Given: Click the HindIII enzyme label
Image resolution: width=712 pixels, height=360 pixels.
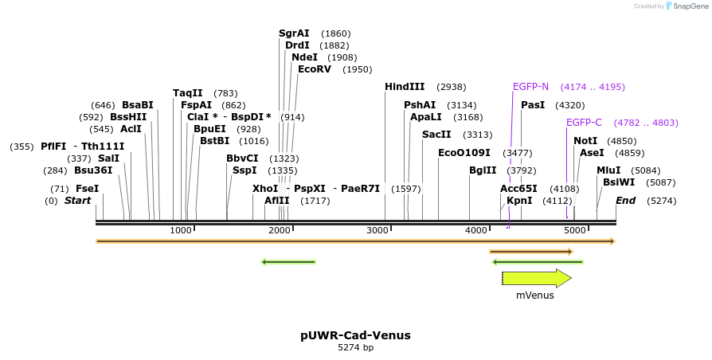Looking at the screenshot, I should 405,87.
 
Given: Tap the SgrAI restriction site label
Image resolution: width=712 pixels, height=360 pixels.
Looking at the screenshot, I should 294,33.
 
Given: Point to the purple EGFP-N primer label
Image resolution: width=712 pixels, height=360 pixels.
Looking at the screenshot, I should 530,87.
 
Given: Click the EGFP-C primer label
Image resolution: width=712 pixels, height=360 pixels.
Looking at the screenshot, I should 584,123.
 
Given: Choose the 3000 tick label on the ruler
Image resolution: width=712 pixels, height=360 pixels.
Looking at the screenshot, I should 378,230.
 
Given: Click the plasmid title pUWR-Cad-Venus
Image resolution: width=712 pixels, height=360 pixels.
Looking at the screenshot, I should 355,335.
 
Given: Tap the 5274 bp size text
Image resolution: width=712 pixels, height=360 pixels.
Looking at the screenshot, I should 355,347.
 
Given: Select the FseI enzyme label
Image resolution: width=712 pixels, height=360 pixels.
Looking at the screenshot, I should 88,189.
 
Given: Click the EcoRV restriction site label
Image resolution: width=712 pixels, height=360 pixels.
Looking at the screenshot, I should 314,69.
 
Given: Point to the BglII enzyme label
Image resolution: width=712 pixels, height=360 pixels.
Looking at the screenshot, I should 483,170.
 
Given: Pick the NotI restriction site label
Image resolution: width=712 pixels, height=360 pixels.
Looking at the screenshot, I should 585,141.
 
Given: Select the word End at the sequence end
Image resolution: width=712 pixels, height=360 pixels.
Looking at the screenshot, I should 625,201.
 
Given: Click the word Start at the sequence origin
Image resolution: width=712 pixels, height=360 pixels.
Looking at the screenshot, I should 77,201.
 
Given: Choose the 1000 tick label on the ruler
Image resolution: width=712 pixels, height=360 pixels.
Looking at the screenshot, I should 181,230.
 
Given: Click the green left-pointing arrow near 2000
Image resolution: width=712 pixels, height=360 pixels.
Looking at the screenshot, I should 288,261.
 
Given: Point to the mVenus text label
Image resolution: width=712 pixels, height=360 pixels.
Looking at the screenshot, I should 534,295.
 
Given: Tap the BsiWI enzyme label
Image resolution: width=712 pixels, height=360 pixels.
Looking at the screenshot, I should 619,182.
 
